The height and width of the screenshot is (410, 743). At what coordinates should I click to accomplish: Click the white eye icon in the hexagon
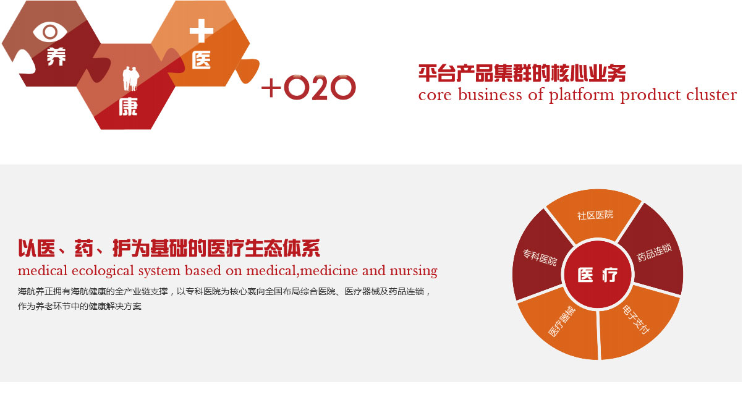coord(50,32)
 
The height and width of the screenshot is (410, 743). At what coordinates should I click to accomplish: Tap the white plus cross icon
coord(202,31)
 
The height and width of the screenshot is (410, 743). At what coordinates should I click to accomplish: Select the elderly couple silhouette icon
coord(130,79)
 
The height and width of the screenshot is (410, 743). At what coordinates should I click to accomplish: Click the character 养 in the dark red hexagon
coord(56,56)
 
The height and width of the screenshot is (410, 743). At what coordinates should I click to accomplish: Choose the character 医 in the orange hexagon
coord(202,59)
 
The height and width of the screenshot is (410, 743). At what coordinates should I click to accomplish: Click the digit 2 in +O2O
coord(319,88)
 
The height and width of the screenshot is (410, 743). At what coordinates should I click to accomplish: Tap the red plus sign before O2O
coord(271,88)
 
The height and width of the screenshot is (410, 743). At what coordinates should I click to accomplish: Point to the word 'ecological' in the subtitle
coord(103,271)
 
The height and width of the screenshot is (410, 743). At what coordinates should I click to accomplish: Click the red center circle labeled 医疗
coord(598,275)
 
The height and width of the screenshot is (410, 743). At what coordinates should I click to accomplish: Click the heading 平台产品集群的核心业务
coord(522,73)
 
